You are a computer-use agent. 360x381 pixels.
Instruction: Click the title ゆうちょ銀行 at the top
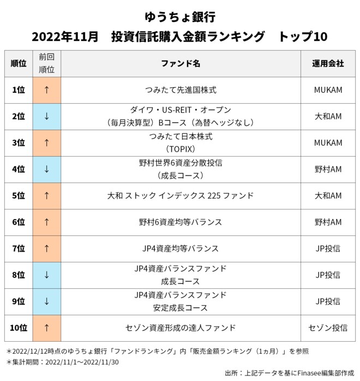pos(180,15)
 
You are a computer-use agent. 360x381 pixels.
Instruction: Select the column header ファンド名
pos(181,63)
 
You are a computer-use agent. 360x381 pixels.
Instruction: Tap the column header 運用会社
pos(328,63)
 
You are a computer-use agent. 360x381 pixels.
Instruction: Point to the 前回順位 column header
pos(47,63)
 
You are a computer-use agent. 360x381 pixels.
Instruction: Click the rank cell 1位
pos(19,90)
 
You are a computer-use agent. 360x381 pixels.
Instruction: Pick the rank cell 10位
pos(19,328)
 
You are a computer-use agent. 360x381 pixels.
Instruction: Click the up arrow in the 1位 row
pos(47,90)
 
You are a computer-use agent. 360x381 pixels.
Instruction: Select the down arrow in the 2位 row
pos(47,116)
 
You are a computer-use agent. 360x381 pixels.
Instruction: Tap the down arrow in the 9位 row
pos(47,301)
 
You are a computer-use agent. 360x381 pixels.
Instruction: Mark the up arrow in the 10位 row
pos(47,328)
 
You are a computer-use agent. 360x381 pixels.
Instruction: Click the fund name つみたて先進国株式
pos(181,90)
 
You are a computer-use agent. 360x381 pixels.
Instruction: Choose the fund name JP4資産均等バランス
pos(181,249)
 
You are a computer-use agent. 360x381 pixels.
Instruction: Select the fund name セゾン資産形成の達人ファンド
pos(181,328)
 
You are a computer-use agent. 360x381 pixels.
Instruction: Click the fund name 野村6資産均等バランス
pos(181,222)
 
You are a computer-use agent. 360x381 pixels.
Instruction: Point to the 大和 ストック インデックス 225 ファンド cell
pos(181,195)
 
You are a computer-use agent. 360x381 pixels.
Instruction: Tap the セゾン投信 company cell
pos(328,328)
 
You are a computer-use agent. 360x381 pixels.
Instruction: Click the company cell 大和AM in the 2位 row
pos(328,116)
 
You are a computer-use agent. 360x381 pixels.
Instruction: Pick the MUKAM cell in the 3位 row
pos(328,143)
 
